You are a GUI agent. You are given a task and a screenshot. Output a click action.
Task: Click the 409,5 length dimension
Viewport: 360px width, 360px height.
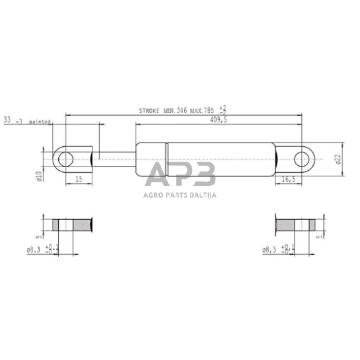click(219, 120)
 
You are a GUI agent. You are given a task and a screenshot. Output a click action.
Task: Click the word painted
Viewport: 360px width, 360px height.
click(38, 121)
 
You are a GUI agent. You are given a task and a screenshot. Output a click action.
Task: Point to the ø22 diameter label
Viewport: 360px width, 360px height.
click(337, 160)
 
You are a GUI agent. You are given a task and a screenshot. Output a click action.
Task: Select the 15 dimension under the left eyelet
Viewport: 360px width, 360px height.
click(78, 179)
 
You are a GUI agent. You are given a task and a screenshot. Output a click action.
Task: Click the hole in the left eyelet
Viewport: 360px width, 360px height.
click(66, 160)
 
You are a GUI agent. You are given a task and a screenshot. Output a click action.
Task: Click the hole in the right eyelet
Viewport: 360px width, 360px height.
click(302, 160)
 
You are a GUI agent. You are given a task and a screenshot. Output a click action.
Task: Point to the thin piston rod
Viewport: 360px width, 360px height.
click(113, 160)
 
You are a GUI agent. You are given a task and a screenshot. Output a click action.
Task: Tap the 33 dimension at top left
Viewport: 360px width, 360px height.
click(7, 121)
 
